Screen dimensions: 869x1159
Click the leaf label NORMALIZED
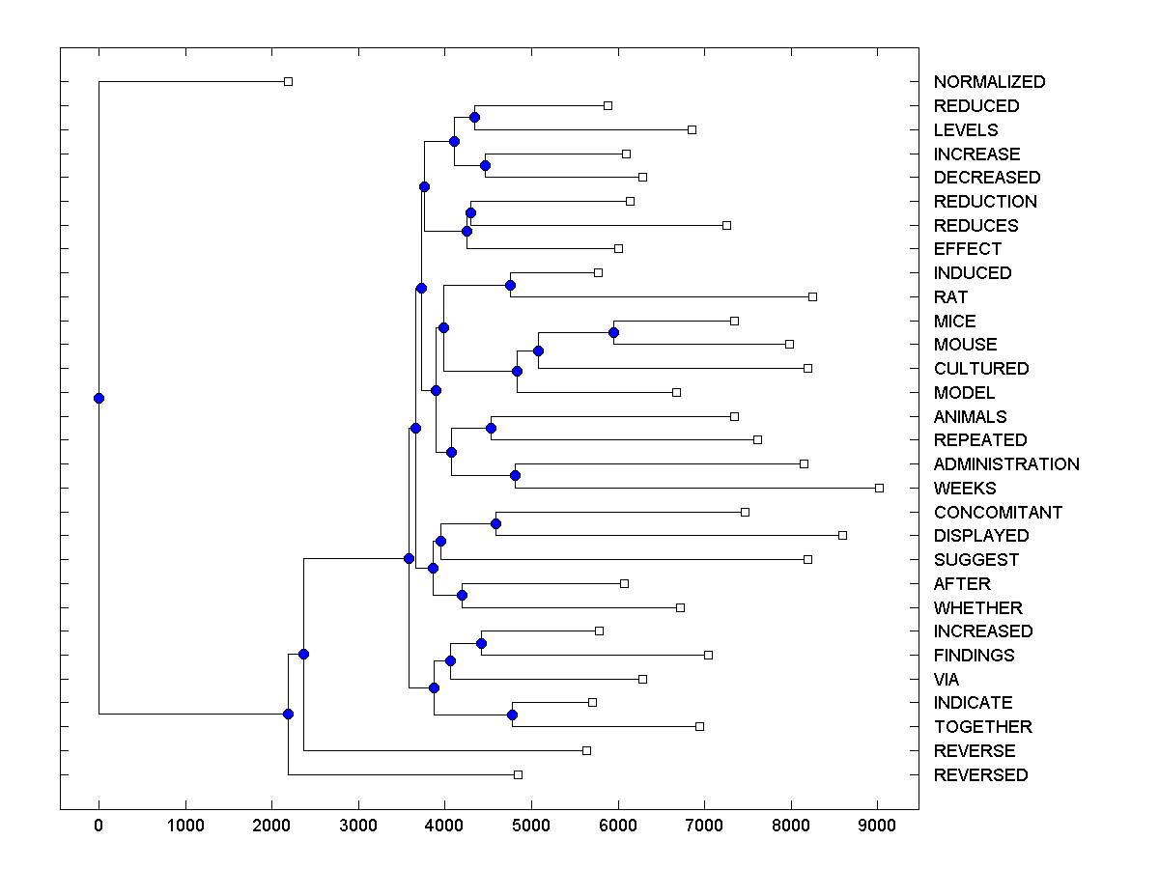coord(989,82)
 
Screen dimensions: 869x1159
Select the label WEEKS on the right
coord(965,489)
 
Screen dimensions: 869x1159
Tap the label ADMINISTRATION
coord(1006,464)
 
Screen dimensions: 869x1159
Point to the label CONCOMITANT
coord(998,513)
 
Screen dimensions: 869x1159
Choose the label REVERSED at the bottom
coord(980,775)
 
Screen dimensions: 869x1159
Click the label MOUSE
coord(965,345)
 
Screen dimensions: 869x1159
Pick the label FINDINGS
coord(974,656)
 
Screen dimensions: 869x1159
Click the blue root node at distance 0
coord(99,398)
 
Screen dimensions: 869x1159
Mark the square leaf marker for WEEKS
coord(879,488)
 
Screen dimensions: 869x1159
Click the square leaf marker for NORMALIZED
coord(288,81)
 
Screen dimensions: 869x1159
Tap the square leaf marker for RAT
coord(812,296)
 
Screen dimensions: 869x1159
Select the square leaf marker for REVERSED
coord(518,774)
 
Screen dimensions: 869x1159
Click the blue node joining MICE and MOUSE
coord(613,332)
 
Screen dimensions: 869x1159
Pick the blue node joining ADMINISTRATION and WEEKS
coord(515,475)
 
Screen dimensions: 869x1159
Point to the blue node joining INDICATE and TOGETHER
coord(512,715)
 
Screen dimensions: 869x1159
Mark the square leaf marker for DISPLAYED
coord(842,535)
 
